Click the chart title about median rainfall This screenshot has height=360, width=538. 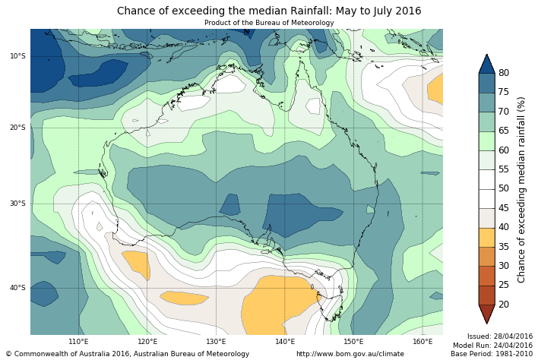click(x=269, y=11)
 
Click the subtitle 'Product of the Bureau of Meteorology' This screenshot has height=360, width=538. click(x=269, y=23)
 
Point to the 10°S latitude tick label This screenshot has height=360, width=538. click(x=17, y=56)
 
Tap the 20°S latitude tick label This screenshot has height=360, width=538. click(x=17, y=128)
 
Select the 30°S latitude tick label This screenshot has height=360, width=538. click(x=17, y=204)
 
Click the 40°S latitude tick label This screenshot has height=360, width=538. click(x=17, y=288)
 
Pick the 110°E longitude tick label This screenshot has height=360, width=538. click(x=78, y=342)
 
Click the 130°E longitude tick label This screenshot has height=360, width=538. click(x=216, y=342)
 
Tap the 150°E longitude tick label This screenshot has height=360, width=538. click(x=353, y=342)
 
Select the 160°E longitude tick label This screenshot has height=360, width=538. click(x=422, y=342)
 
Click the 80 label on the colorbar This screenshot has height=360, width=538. click(x=503, y=73)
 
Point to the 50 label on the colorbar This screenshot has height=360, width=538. click(x=503, y=189)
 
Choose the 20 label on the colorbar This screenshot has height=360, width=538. click(x=503, y=305)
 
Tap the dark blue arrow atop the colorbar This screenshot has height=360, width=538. click(x=486, y=63)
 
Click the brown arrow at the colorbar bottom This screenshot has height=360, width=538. click(x=486, y=314)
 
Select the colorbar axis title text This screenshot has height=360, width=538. click(x=521, y=189)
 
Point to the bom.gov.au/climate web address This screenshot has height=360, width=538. click(x=350, y=354)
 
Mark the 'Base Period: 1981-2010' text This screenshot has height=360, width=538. click(x=492, y=354)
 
